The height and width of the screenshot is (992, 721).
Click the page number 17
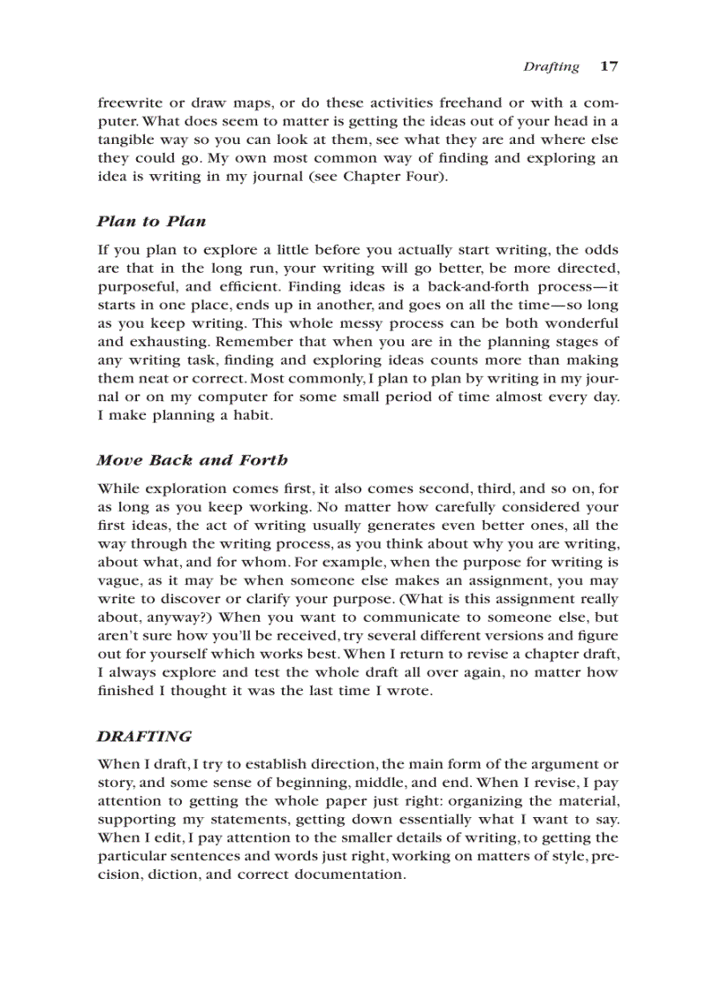tap(609, 66)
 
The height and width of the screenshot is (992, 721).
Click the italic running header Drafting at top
tap(550, 67)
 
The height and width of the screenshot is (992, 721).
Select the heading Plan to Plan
tap(151, 221)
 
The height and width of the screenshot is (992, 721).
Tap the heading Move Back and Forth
tap(192, 459)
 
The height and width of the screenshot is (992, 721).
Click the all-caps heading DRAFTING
tap(144, 736)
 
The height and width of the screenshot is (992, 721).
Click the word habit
tap(258, 415)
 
